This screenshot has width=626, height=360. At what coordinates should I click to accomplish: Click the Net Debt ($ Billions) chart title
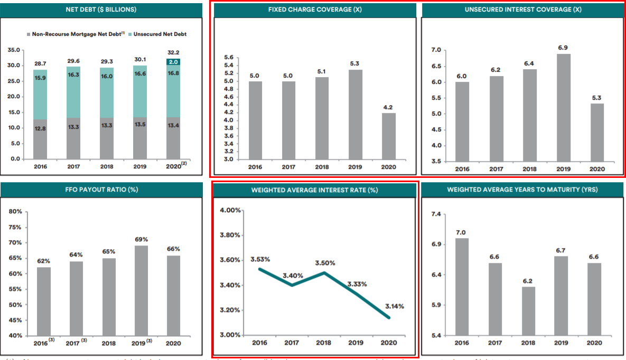click(102, 10)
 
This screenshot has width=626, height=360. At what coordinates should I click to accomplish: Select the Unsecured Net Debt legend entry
click(160, 34)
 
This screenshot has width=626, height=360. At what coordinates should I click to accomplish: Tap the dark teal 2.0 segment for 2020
click(173, 62)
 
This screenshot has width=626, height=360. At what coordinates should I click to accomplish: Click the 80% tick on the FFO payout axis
click(15, 211)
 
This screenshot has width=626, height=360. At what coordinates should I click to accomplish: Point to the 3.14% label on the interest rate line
click(395, 306)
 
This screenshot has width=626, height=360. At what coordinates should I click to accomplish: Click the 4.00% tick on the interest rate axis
click(230, 210)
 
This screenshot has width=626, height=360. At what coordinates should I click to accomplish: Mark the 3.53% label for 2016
click(260, 259)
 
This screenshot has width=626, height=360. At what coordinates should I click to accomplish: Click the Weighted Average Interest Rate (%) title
click(315, 190)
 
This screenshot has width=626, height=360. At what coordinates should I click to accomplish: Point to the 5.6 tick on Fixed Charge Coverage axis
click(229, 57)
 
